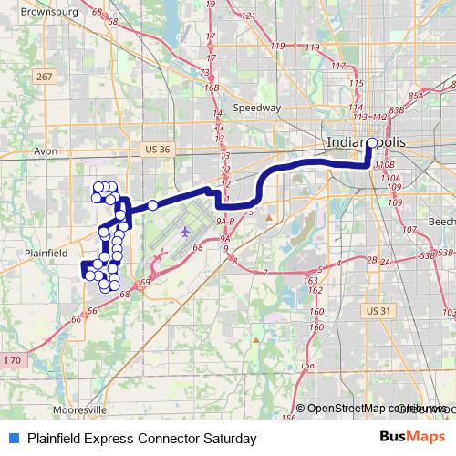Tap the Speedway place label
click(x=256, y=107)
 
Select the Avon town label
click(x=45, y=150)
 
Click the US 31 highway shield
click(x=377, y=311)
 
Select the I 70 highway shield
click(x=13, y=361)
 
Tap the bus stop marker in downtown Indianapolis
click(x=370, y=143)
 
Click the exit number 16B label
click(x=212, y=87)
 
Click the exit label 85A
click(x=417, y=95)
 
